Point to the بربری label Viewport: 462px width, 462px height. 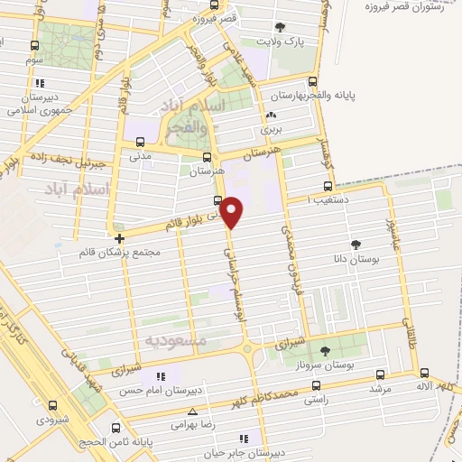pyautogui.click(x=272, y=129)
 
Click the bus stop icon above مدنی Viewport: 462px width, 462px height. pyautogui.click(x=140, y=141)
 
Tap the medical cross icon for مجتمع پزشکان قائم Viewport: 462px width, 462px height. pyautogui.click(x=119, y=238)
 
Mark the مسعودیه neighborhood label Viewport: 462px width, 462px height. pyautogui.click(x=176, y=341)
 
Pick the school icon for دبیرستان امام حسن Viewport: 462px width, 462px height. pyautogui.click(x=161, y=376)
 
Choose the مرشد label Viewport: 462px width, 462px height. pyautogui.click(x=378, y=389)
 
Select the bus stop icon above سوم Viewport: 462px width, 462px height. pyautogui.click(x=34, y=46)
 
